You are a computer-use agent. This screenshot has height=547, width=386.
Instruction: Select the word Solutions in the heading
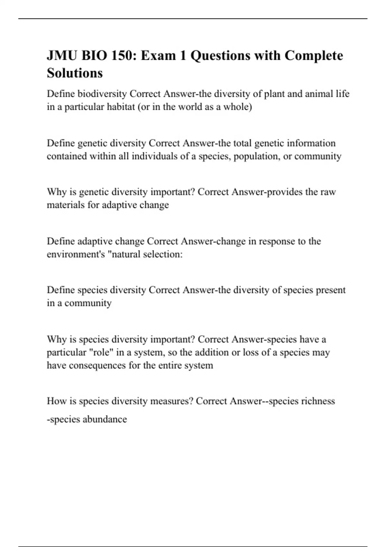(75, 73)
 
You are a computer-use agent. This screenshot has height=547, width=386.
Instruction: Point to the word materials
(66, 205)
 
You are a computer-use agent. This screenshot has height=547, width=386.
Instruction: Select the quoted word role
(101, 352)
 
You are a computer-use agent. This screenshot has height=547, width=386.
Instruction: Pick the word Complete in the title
(314, 56)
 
